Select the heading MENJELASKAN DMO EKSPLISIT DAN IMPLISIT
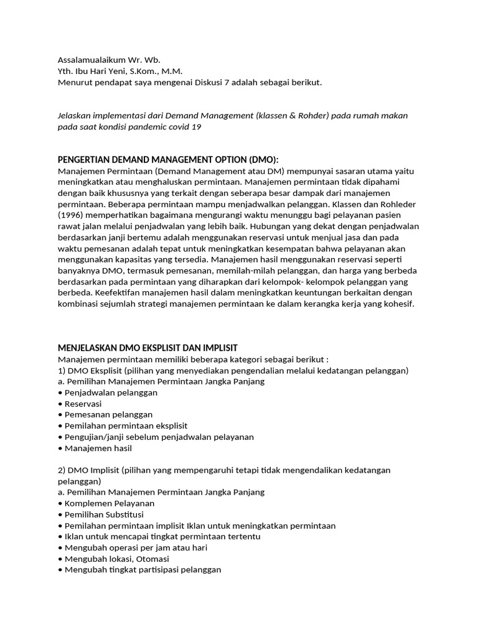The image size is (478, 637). [148, 347]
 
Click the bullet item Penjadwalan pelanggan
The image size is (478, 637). [111, 393]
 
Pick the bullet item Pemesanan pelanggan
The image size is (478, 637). [108, 414]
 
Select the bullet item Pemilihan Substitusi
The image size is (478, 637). [104, 514]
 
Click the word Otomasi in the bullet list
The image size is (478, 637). [152, 559]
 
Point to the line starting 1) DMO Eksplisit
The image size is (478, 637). [233, 370]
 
